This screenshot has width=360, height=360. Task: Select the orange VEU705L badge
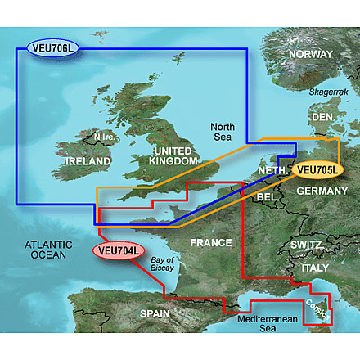[317, 170]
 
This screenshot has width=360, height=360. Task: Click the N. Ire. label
[106, 137]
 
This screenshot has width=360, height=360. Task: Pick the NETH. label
[272, 170]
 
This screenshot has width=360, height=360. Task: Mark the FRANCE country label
[211, 243]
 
